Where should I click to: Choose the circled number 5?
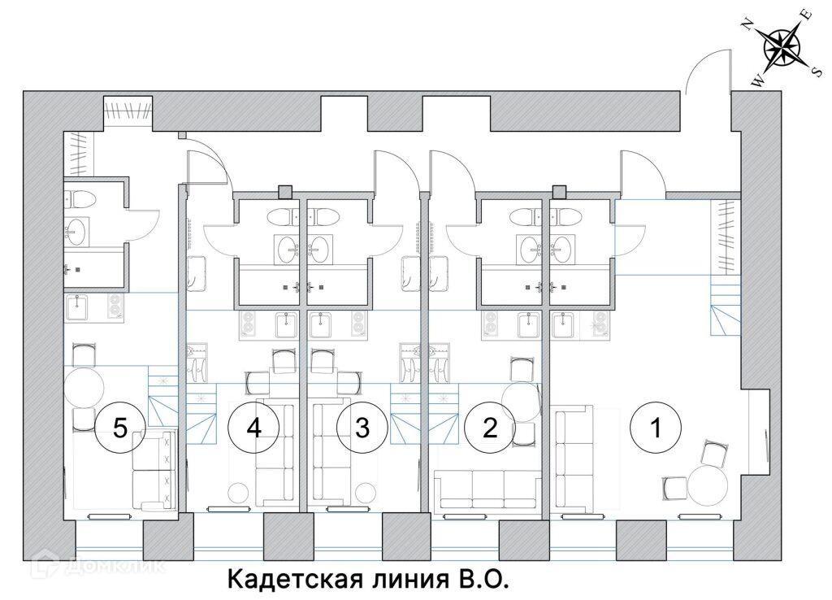tap(119, 428)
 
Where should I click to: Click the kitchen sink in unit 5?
tap(79, 307)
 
